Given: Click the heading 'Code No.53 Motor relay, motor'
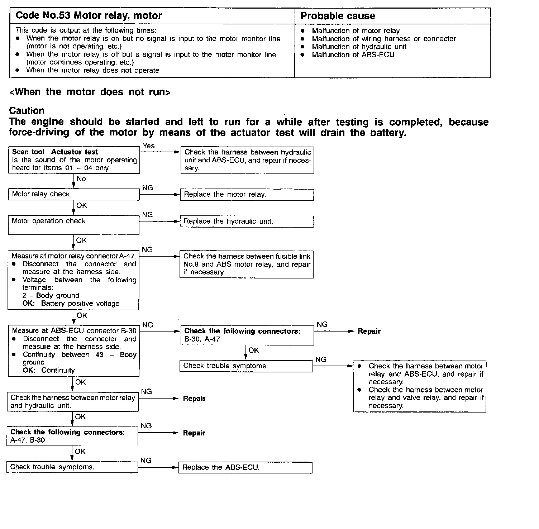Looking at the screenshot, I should tap(89, 16).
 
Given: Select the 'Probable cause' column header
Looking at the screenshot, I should tap(338, 16).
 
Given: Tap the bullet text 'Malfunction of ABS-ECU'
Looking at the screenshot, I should tap(353, 55).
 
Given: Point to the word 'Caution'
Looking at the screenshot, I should tap(27, 110).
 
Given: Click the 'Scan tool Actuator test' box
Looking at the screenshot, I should tap(74, 160).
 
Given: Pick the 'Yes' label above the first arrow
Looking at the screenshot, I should tap(148, 146).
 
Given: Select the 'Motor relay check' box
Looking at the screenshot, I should tap(73, 194).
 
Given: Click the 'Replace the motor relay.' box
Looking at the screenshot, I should tap(247, 195).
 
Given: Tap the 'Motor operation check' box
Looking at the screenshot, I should tap(73, 225).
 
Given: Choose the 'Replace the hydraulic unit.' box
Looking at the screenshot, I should tap(247, 221).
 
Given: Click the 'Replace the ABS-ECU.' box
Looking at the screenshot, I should tap(245, 467).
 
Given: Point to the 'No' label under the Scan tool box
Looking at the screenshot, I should tap(81, 179).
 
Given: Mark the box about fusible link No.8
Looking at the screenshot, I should tap(247, 264).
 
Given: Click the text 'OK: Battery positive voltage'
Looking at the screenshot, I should tap(71, 304).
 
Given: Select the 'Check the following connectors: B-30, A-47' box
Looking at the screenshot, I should tap(247, 335).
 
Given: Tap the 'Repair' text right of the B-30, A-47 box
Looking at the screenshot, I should tap(369, 332).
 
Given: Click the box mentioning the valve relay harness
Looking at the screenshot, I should tap(420, 386).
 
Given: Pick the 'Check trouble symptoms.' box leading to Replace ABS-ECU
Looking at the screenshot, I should tap(72, 467).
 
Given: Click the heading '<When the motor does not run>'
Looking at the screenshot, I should tap(90, 92).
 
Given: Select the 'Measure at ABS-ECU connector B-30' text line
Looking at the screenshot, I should tap(74, 330).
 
